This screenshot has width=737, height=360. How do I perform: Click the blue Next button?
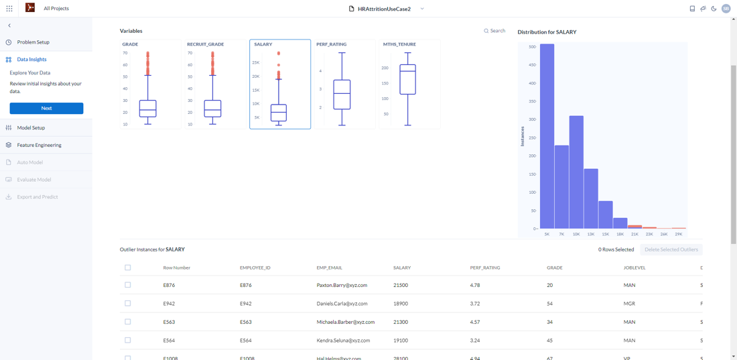[x=46, y=108]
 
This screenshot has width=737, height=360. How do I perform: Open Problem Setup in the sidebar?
[x=33, y=42]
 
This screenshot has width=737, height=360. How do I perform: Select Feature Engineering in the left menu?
[x=39, y=145]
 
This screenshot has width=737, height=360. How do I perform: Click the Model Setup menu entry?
[x=31, y=127]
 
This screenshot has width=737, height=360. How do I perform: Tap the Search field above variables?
[x=496, y=31]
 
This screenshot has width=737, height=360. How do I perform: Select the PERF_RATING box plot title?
[x=331, y=44]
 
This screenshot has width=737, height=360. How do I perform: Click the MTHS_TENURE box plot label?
[x=399, y=44]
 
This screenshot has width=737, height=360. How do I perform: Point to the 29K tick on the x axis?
[x=679, y=234]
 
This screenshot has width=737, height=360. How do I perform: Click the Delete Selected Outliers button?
[x=671, y=249]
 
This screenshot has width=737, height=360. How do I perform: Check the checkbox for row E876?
[x=128, y=285]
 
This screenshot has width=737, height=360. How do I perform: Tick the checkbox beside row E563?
[x=128, y=322]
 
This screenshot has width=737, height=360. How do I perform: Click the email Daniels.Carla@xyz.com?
[x=342, y=304]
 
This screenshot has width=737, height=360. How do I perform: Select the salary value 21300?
[x=401, y=322]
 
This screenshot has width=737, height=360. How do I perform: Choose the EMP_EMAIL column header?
[x=329, y=267]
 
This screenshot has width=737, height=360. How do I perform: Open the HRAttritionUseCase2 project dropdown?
[x=422, y=9]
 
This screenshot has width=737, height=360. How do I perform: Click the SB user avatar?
[x=726, y=9]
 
